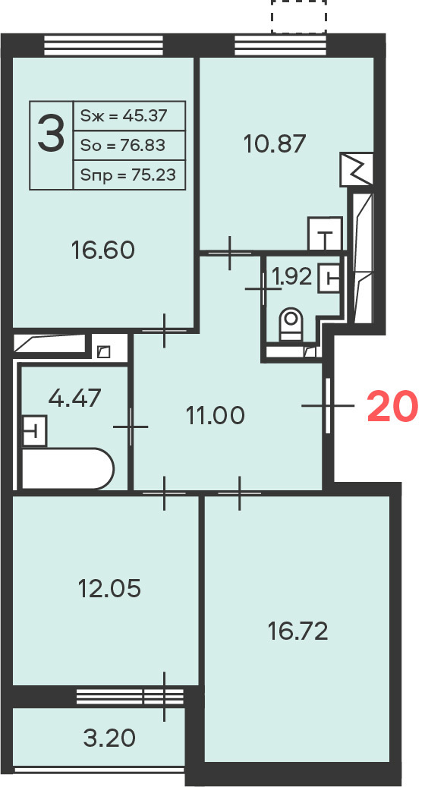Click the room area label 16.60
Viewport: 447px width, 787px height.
[103, 250]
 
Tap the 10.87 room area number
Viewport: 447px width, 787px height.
[275, 144]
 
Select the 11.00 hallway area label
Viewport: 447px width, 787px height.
[216, 415]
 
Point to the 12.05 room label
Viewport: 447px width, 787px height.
[109, 588]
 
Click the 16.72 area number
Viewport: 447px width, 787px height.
[298, 631]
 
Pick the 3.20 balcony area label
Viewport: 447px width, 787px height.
[109, 738]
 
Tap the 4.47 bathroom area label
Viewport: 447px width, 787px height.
[74, 399]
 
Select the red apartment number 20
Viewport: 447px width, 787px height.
[392, 407]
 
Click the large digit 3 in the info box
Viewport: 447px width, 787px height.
[51, 133]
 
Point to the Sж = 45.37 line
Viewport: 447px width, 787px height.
[124, 116]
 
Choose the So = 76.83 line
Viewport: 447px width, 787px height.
[123, 146]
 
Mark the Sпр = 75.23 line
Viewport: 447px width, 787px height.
[128, 175]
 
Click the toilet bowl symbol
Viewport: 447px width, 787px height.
[291, 324]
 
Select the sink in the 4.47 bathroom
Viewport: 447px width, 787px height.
[35, 430]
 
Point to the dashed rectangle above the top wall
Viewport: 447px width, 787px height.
[299, 17]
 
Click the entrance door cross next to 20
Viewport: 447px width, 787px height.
[328, 405]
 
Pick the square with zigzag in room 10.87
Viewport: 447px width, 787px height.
[357, 169]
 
